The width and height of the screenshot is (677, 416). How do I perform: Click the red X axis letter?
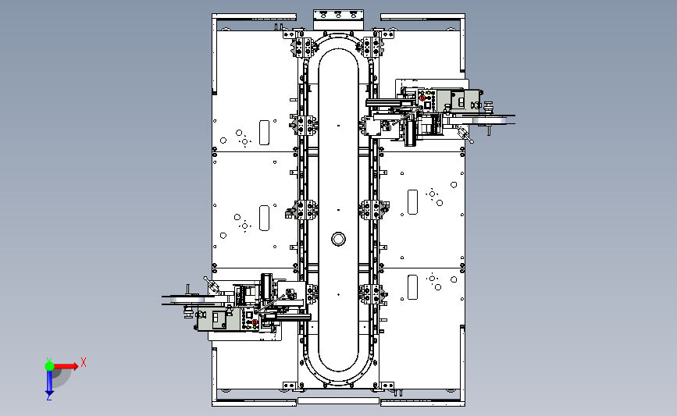(x=84, y=362)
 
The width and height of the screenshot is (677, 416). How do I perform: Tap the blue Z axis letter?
(x=48, y=397)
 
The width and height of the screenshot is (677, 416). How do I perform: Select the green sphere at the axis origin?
(x=49, y=366)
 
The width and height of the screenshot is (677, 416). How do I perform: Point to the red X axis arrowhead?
(x=75, y=366)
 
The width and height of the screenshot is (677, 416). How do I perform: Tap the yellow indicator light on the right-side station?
(x=428, y=93)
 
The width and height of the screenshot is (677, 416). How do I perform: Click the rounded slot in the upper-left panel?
(x=264, y=133)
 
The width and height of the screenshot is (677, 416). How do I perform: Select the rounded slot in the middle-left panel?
(x=264, y=218)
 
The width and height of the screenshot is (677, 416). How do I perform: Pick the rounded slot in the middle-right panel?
(x=413, y=202)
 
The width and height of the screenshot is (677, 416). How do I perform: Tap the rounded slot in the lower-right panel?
(x=413, y=287)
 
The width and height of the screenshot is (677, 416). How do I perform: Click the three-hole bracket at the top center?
(x=339, y=15)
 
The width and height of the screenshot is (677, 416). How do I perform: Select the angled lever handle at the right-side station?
(x=465, y=134)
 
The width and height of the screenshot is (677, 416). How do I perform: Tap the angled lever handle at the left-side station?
(x=212, y=284)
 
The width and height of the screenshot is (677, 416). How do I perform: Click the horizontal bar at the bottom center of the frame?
(x=339, y=401)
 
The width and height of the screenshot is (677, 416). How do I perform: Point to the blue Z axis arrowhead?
(x=49, y=392)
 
